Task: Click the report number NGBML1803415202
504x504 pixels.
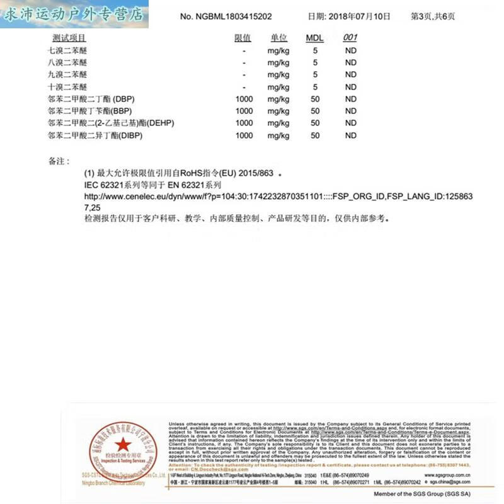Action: coord(226,16)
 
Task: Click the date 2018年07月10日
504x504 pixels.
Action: coord(349,16)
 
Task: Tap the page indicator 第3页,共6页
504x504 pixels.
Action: coord(433,16)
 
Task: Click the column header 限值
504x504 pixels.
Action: coord(243,38)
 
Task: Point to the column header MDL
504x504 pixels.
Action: coord(314,38)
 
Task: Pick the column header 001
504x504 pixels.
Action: coord(350,38)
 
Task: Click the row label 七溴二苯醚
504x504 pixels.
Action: coord(67,50)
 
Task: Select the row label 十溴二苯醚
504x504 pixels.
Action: coord(67,87)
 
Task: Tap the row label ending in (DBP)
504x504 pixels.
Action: coord(91,100)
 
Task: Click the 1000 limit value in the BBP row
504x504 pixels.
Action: coord(244,112)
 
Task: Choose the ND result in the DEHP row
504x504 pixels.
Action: coord(351,123)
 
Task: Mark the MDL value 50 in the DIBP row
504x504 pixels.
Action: coord(315,135)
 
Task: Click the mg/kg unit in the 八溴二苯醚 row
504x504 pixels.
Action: coord(278,63)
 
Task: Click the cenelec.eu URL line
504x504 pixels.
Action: coord(278,197)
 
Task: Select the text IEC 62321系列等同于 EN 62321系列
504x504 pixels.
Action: coord(153,186)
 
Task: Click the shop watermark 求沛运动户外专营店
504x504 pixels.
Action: coord(74,14)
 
